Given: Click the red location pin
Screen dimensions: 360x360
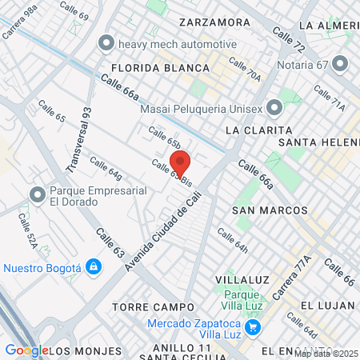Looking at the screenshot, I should [180, 162].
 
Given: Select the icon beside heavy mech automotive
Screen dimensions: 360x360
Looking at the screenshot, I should [104, 43].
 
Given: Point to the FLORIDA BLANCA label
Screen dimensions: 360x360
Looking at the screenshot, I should [160, 68].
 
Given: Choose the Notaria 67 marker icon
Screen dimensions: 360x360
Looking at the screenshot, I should [340, 62].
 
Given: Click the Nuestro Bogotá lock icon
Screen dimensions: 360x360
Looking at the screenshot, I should [94, 266].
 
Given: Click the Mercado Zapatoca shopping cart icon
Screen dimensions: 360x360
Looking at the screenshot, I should [253, 326].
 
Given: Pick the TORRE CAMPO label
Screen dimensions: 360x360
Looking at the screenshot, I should [154, 306].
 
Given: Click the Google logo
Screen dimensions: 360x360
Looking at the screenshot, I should [27, 350].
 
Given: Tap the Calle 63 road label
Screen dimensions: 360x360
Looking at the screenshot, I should [110, 242].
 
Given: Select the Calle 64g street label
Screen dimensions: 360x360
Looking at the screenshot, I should [106, 168].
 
